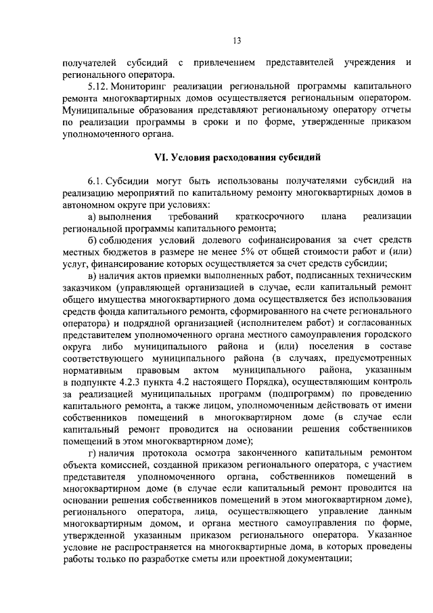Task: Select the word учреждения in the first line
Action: point(368,63)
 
